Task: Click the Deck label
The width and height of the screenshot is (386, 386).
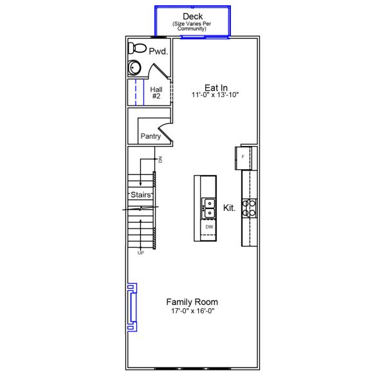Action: coord(193,16)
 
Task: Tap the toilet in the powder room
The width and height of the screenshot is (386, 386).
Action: coord(137,49)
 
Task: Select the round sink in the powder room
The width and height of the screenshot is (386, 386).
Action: coord(136,67)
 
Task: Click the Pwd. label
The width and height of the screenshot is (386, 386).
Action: coord(158,51)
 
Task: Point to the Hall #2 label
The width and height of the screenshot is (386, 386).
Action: coord(156,93)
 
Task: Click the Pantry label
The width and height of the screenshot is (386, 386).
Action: coord(151,136)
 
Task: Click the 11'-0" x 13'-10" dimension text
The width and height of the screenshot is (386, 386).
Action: coord(214,95)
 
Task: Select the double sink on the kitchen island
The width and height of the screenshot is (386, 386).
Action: coord(209,208)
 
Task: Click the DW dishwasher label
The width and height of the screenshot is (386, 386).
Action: coord(209,227)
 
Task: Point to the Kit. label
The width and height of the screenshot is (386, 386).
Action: coord(229,208)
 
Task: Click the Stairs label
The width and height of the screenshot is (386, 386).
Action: coord(140,194)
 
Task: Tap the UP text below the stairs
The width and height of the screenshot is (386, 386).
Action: coord(140,253)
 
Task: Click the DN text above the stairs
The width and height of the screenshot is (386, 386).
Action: coord(161,159)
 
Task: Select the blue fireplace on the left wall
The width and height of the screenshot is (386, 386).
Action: coord(133,307)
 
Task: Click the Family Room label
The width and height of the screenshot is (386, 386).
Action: coord(192,302)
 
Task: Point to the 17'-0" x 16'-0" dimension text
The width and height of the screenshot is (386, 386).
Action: coord(192,311)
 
